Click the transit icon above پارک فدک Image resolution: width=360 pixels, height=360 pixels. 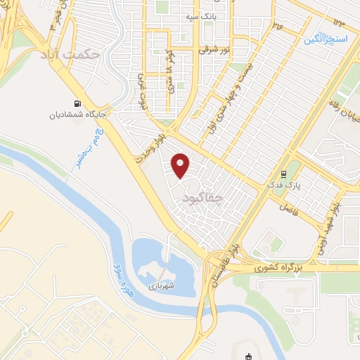click(284, 174)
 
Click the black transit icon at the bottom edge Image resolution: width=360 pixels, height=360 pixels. click(247, 356)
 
